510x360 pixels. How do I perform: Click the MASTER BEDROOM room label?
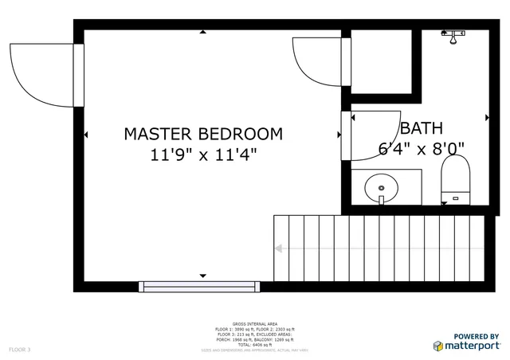pyautogui.click(x=203, y=134)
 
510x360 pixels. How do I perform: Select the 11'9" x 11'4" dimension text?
pyautogui.click(x=203, y=155)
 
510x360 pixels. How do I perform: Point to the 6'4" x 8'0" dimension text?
pyautogui.click(x=420, y=148)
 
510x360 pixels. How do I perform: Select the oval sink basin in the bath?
pyautogui.click(x=382, y=189)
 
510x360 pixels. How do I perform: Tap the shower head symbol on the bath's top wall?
pyautogui.click(x=453, y=35)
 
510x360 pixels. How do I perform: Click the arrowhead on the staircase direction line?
pyautogui.click(x=277, y=248)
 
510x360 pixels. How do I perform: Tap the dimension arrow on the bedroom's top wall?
pyautogui.click(x=203, y=33)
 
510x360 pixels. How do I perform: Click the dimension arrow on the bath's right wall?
pyautogui.click(x=487, y=118)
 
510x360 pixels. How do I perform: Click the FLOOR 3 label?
pyautogui.click(x=20, y=350)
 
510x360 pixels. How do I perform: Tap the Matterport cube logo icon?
pyautogui.click(x=438, y=346)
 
